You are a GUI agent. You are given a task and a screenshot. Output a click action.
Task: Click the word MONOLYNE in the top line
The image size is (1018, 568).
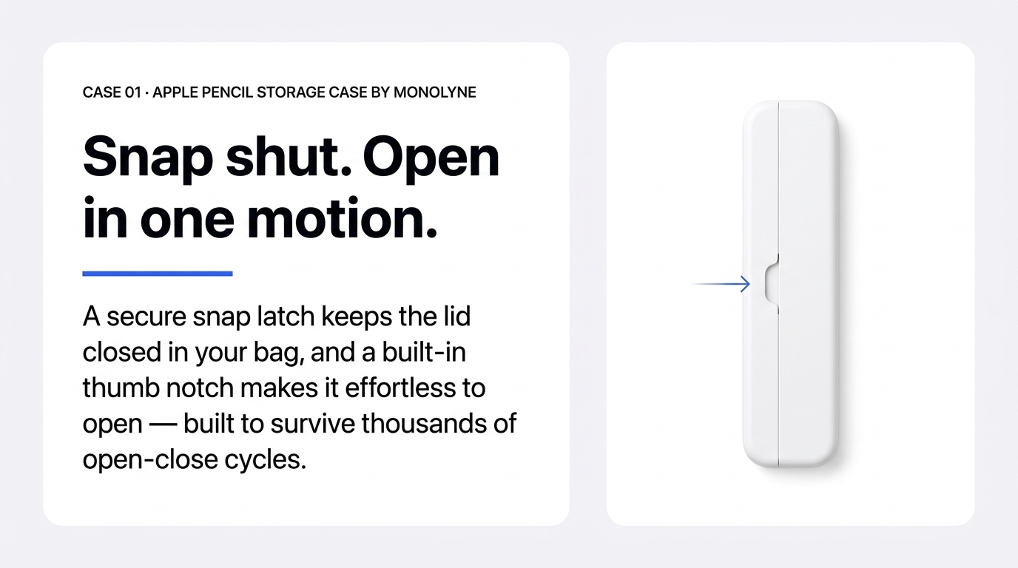point(434,92)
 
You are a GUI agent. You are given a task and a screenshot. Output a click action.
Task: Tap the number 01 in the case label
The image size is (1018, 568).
point(132,92)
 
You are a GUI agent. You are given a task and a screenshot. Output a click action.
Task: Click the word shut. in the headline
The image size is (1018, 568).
point(289,158)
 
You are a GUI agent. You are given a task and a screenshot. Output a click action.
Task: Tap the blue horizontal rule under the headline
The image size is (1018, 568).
point(158,274)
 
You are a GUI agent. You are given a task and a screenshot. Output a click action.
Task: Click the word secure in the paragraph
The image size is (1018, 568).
point(146,317)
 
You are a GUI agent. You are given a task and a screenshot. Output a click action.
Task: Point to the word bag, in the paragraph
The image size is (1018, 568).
point(279,353)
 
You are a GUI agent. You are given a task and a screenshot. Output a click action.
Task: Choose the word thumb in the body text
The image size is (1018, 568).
point(121,388)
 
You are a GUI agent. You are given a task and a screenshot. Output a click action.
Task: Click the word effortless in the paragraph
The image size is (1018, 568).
point(400,388)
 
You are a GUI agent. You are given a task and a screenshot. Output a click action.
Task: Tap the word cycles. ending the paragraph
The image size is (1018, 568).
point(266,460)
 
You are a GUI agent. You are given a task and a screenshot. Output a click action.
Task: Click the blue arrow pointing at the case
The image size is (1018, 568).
point(721,284)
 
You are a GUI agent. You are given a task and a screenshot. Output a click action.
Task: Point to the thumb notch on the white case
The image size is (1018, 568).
point(772,284)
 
